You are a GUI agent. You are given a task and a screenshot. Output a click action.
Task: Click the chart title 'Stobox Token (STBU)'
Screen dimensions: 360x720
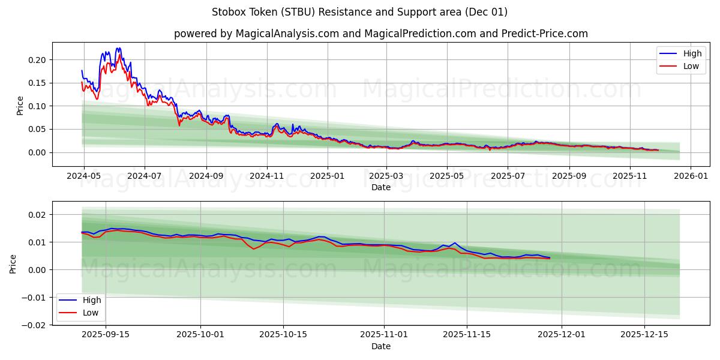pos(359,12)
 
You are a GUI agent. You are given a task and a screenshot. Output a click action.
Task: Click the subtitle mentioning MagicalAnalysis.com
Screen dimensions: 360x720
pos(380,34)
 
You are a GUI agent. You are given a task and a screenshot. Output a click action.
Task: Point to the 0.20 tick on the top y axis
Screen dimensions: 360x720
pos(37,59)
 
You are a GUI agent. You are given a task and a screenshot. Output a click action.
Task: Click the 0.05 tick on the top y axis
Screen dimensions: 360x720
pos(37,129)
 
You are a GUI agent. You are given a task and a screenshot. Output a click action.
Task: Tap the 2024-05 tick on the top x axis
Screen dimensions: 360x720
pos(83,176)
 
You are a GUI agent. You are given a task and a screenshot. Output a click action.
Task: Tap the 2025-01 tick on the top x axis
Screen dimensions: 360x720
pos(327,176)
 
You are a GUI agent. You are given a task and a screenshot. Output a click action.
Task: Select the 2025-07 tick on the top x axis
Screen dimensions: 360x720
pos(508,176)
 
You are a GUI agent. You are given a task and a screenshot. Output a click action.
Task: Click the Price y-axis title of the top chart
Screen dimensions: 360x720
pos(20,105)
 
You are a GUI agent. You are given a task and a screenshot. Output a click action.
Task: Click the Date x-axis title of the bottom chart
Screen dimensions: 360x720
pos(380,346)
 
